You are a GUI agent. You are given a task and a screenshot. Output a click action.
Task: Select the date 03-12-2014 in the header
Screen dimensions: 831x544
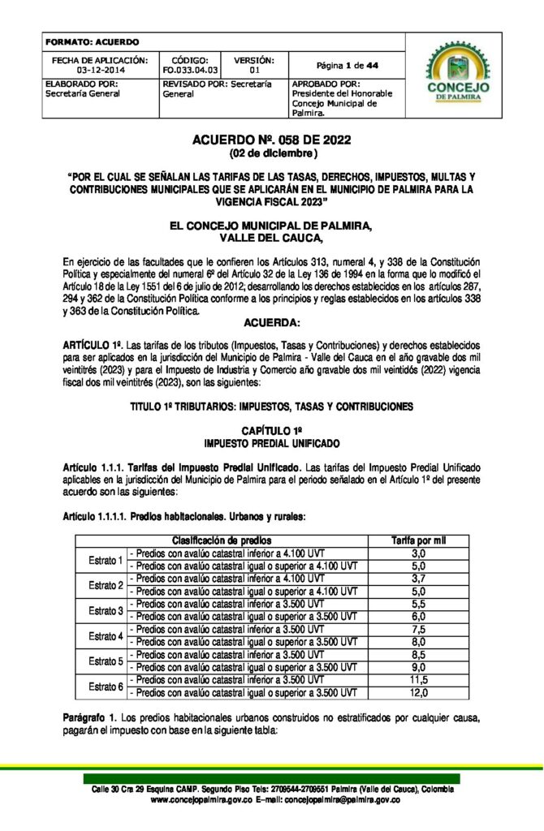tap(99, 71)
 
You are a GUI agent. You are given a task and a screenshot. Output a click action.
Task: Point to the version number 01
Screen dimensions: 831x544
tap(253, 71)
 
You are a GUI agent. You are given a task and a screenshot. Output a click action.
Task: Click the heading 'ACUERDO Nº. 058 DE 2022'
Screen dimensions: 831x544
tap(271, 140)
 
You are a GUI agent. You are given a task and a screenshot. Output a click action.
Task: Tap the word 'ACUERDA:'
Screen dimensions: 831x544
tap(271, 322)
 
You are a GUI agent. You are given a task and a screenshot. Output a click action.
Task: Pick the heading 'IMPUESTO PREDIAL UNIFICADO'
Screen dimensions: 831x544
tap(271, 443)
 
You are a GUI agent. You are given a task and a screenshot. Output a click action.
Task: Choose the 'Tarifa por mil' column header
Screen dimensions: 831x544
tap(418, 540)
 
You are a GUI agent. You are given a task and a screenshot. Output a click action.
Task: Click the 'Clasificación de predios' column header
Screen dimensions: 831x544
tap(222, 540)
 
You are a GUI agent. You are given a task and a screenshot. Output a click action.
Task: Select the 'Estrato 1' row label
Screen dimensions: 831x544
tap(106, 559)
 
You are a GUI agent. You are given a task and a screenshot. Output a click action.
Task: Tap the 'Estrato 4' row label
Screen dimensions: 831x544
tap(106, 635)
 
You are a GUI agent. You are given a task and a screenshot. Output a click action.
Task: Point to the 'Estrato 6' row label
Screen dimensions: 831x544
tap(106, 687)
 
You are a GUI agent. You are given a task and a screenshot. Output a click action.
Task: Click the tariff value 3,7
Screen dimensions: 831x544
tap(418, 579)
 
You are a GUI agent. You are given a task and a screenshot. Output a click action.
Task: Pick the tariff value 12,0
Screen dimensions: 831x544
tap(418, 693)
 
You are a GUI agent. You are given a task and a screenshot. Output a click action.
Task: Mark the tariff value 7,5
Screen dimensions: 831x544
tap(418, 629)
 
